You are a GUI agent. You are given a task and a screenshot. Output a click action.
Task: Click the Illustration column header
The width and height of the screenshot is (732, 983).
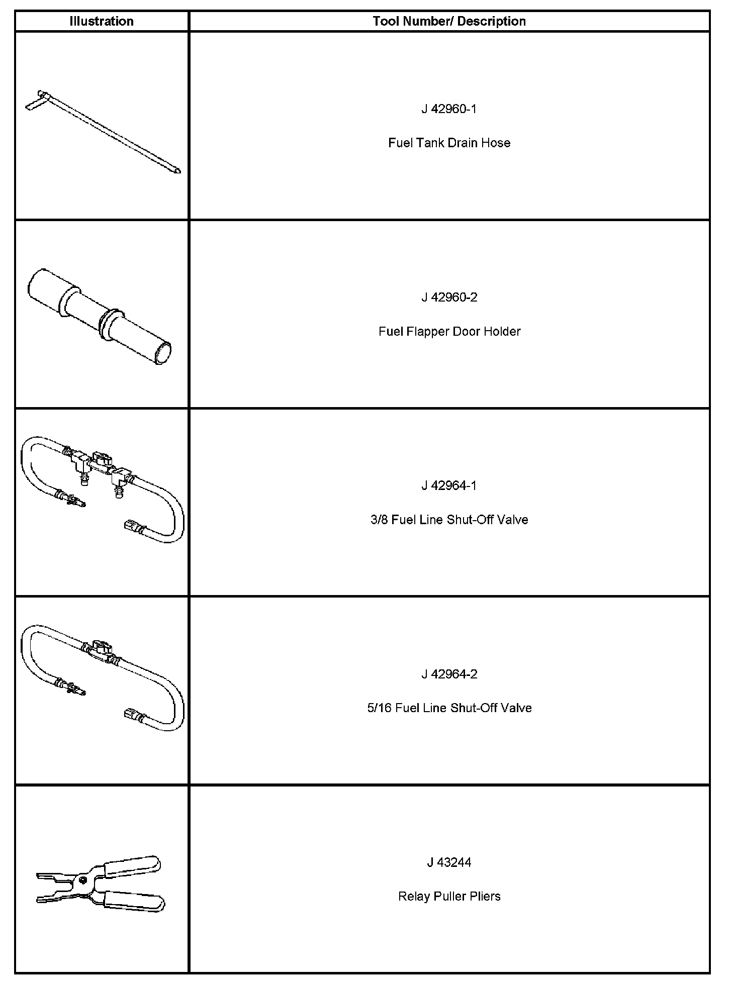102,21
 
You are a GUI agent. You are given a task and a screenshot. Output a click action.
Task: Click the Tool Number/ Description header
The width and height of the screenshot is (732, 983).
449,21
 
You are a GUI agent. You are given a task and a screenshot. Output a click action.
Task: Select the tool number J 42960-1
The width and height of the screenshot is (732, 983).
449,109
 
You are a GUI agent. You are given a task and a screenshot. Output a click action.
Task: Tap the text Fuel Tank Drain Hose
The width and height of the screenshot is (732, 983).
449,143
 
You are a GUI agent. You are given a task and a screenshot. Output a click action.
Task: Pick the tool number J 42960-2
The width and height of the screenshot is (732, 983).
449,298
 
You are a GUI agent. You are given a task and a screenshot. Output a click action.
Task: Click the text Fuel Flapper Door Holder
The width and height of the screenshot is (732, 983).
449,331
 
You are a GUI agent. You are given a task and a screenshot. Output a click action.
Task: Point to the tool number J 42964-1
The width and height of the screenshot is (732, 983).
449,485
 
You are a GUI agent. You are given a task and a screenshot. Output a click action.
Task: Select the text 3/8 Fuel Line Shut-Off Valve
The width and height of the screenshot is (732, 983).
449,520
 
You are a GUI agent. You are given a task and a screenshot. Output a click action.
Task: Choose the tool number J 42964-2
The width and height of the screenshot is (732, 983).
449,674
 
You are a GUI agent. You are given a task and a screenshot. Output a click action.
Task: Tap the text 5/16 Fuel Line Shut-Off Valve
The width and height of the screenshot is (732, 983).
449,708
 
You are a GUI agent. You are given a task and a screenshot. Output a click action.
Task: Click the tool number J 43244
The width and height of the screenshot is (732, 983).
449,862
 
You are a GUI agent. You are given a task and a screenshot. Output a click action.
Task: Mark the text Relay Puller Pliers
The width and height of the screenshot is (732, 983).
449,896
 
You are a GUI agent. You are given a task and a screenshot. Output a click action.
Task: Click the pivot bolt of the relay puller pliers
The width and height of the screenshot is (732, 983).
81,879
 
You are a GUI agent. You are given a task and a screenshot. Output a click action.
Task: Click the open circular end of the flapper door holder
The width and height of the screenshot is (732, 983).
163,352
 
